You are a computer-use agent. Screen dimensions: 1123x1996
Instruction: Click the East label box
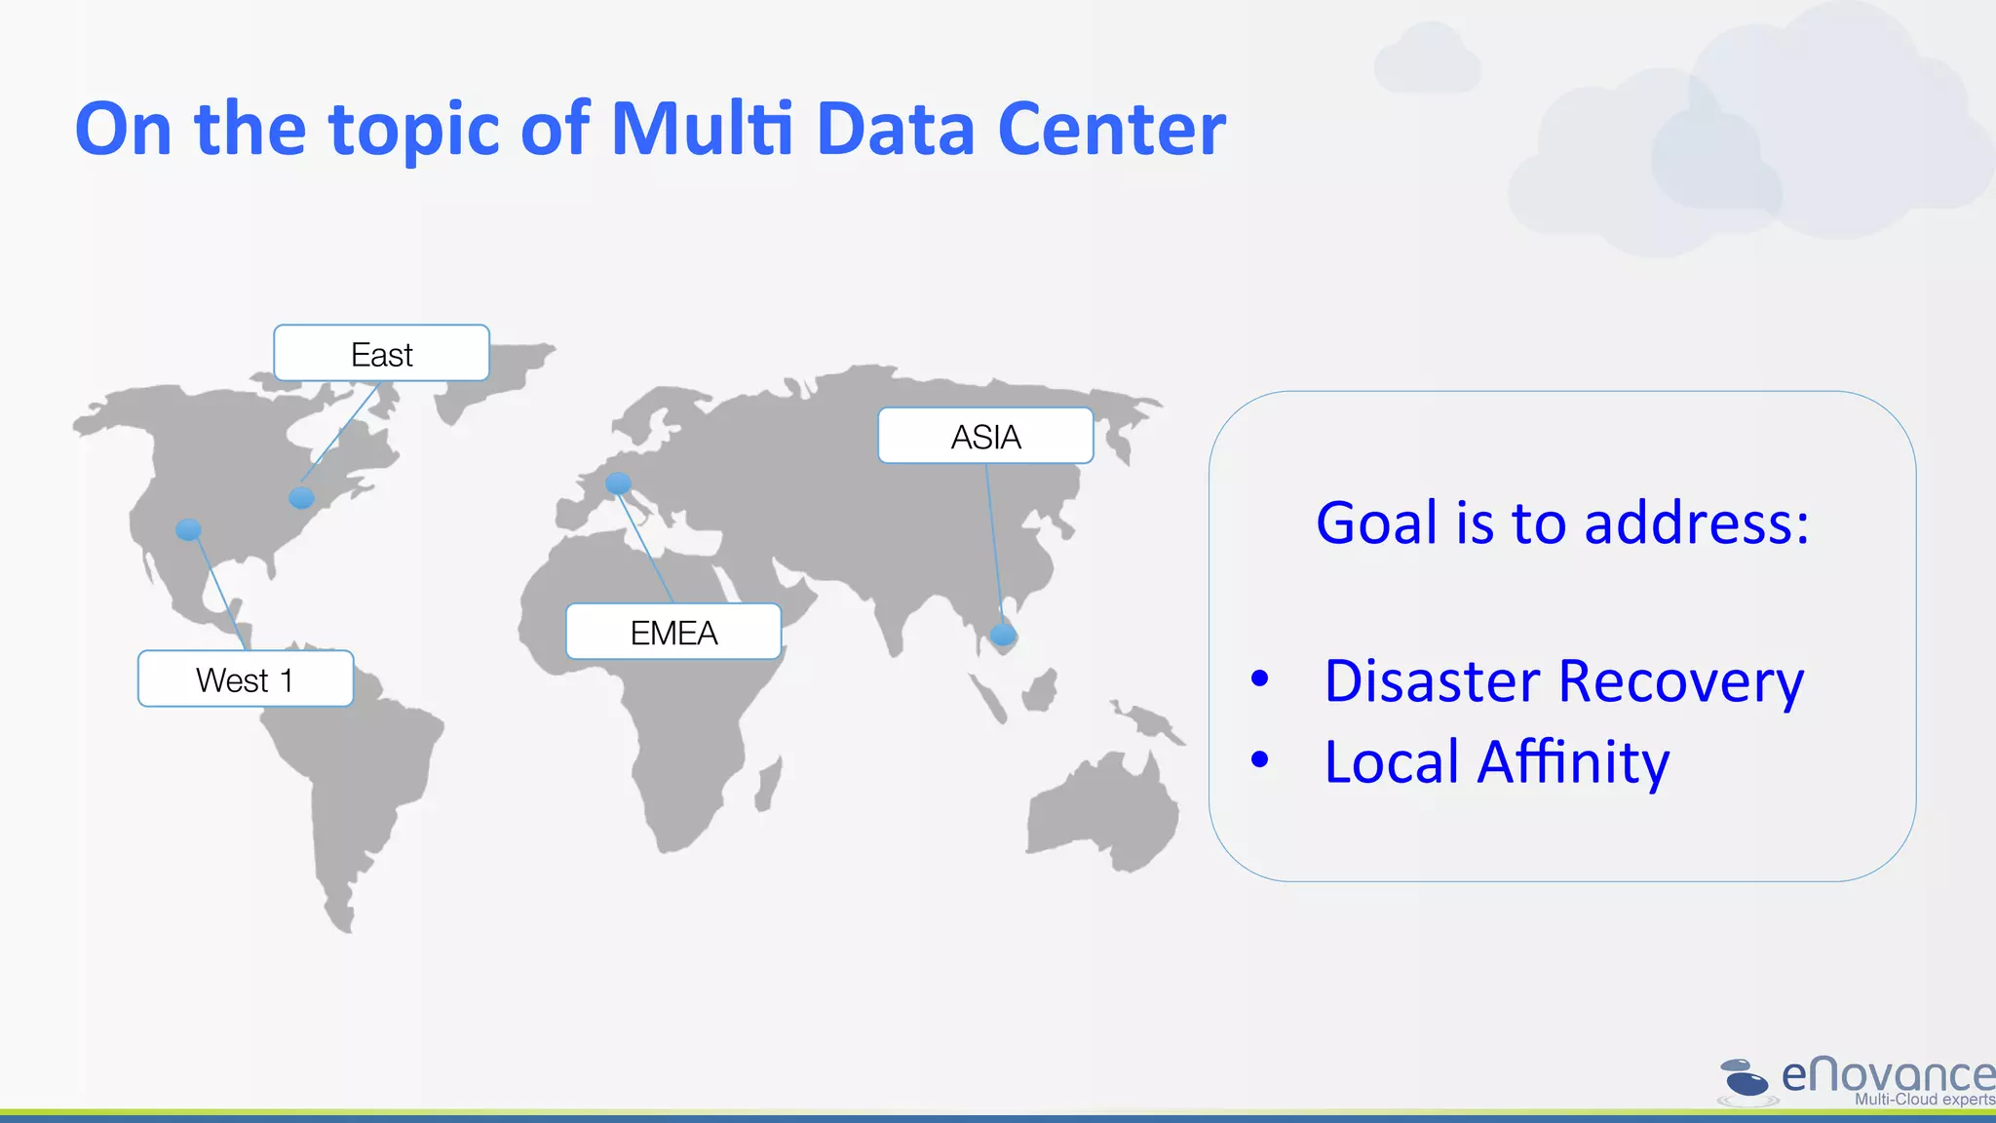coord(381,353)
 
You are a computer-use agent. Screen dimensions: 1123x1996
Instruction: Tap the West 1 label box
coord(245,678)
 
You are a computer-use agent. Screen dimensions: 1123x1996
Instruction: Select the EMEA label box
coord(673,632)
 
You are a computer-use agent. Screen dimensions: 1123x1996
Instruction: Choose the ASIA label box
coord(985,436)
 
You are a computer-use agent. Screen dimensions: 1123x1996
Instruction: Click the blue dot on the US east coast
coord(302,498)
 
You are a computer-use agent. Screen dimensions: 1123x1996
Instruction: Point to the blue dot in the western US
coord(188,529)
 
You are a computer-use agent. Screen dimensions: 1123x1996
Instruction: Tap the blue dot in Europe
coord(618,483)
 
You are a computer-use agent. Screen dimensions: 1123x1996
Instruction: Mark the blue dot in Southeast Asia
coord(1003,636)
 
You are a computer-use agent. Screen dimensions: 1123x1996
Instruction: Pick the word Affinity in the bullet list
coord(1572,762)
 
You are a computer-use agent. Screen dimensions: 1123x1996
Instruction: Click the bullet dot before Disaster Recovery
coord(1260,678)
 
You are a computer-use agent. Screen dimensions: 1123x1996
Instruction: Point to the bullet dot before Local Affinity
coord(1260,758)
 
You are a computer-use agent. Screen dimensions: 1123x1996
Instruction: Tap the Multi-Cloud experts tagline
coord(1923,1100)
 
